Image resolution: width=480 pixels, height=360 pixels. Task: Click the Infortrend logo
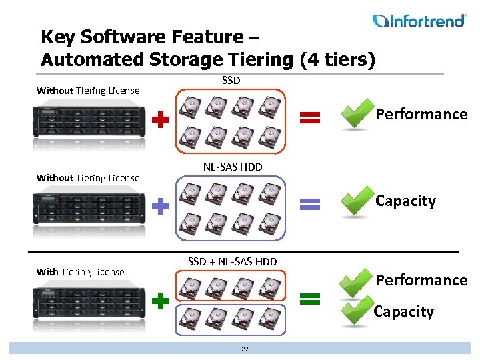pyautogui.click(x=419, y=21)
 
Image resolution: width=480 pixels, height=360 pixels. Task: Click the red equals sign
pyautogui.click(x=307, y=118)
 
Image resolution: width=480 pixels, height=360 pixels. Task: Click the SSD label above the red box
pyautogui.click(x=231, y=81)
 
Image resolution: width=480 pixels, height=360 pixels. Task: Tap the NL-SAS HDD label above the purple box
pyautogui.click(x=233, y=167)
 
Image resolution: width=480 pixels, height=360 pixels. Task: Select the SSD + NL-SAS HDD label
pyautogui.click(x=232, y=261)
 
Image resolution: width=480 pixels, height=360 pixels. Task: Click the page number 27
pyautogui.click(x=245, y=349)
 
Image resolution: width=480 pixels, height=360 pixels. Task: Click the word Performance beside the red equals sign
pyautogui.click(x=421, y=114)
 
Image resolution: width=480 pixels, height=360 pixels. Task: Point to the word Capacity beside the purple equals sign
pyautogui.click(x=405, y=201)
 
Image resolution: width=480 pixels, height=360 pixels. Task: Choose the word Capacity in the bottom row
pyautogui.click(x=403, y=311)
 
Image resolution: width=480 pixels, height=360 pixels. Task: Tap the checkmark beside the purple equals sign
pyautogui.click(x=357, y=203)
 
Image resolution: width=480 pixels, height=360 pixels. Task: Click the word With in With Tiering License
pyautogui.click(x=47, y=272)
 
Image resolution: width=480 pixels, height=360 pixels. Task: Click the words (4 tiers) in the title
pyautogui.click(x=337, y=59)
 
